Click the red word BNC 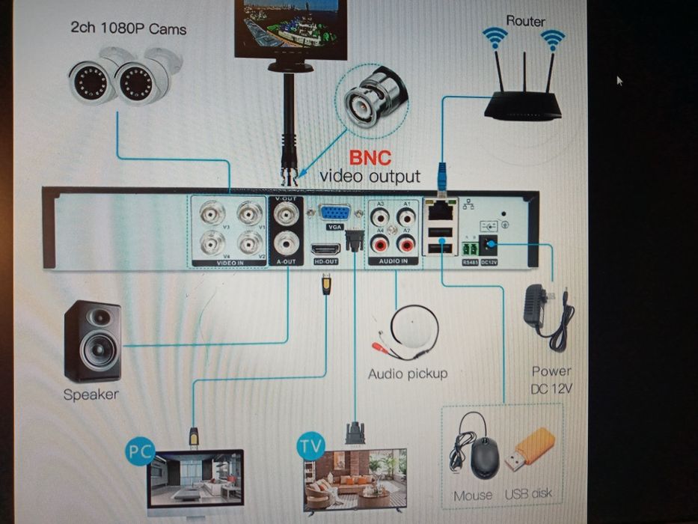point(370,158)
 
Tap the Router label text point(525,20)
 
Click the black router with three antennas point(523,105)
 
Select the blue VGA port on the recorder point(333,213)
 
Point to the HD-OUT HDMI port point(326,249)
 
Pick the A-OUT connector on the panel point(285,243)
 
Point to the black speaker point(93,341)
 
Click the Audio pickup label point(407,373)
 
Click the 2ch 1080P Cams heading point(128,29)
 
